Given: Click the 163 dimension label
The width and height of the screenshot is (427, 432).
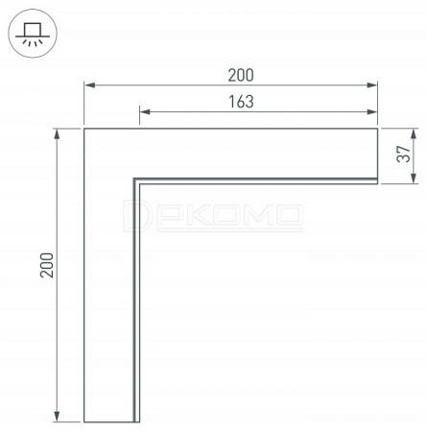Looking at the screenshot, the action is point(241,102).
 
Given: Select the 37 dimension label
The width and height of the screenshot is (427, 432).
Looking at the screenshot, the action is point(403,154).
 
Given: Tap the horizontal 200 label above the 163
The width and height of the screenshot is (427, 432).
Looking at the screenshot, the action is point(241,75).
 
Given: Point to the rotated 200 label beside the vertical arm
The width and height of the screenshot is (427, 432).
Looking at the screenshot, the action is point(47,265).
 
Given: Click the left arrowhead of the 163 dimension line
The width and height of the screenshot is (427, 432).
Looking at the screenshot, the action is point(145,111).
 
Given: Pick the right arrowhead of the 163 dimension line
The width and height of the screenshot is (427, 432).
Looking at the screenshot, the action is point(372,111).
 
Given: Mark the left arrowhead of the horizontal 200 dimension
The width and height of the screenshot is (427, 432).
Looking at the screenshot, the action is point(90,85).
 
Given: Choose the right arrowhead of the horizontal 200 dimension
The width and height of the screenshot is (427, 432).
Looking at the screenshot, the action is point(372,85).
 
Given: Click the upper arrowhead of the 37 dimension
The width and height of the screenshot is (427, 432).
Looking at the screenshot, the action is point(414,134).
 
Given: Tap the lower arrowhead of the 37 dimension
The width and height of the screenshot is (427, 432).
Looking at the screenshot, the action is point(414,178).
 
